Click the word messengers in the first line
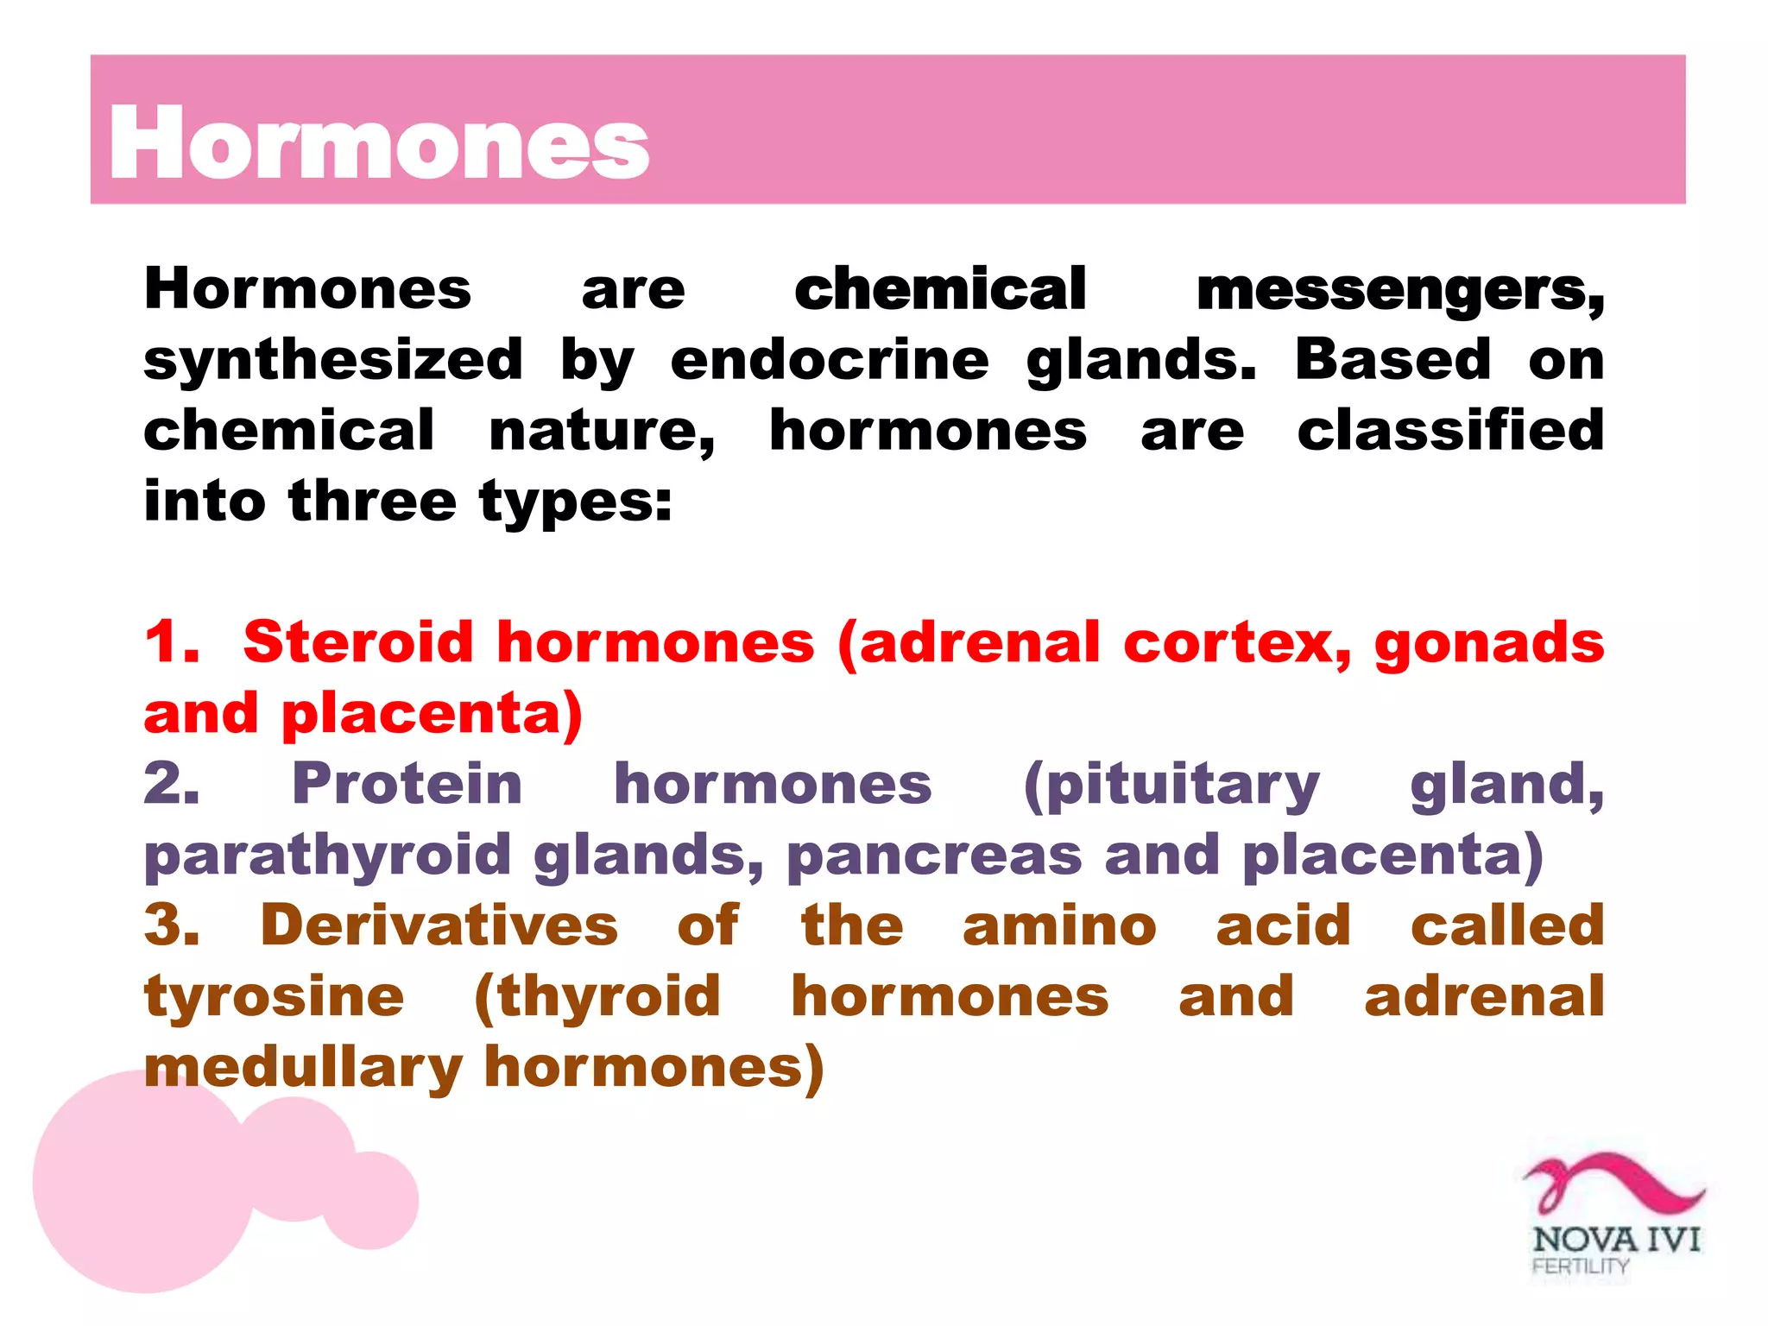point(1399,290)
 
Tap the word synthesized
point(333,361)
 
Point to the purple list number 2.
point(171,785)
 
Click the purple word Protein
point(407,785)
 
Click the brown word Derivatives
point(439,926)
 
